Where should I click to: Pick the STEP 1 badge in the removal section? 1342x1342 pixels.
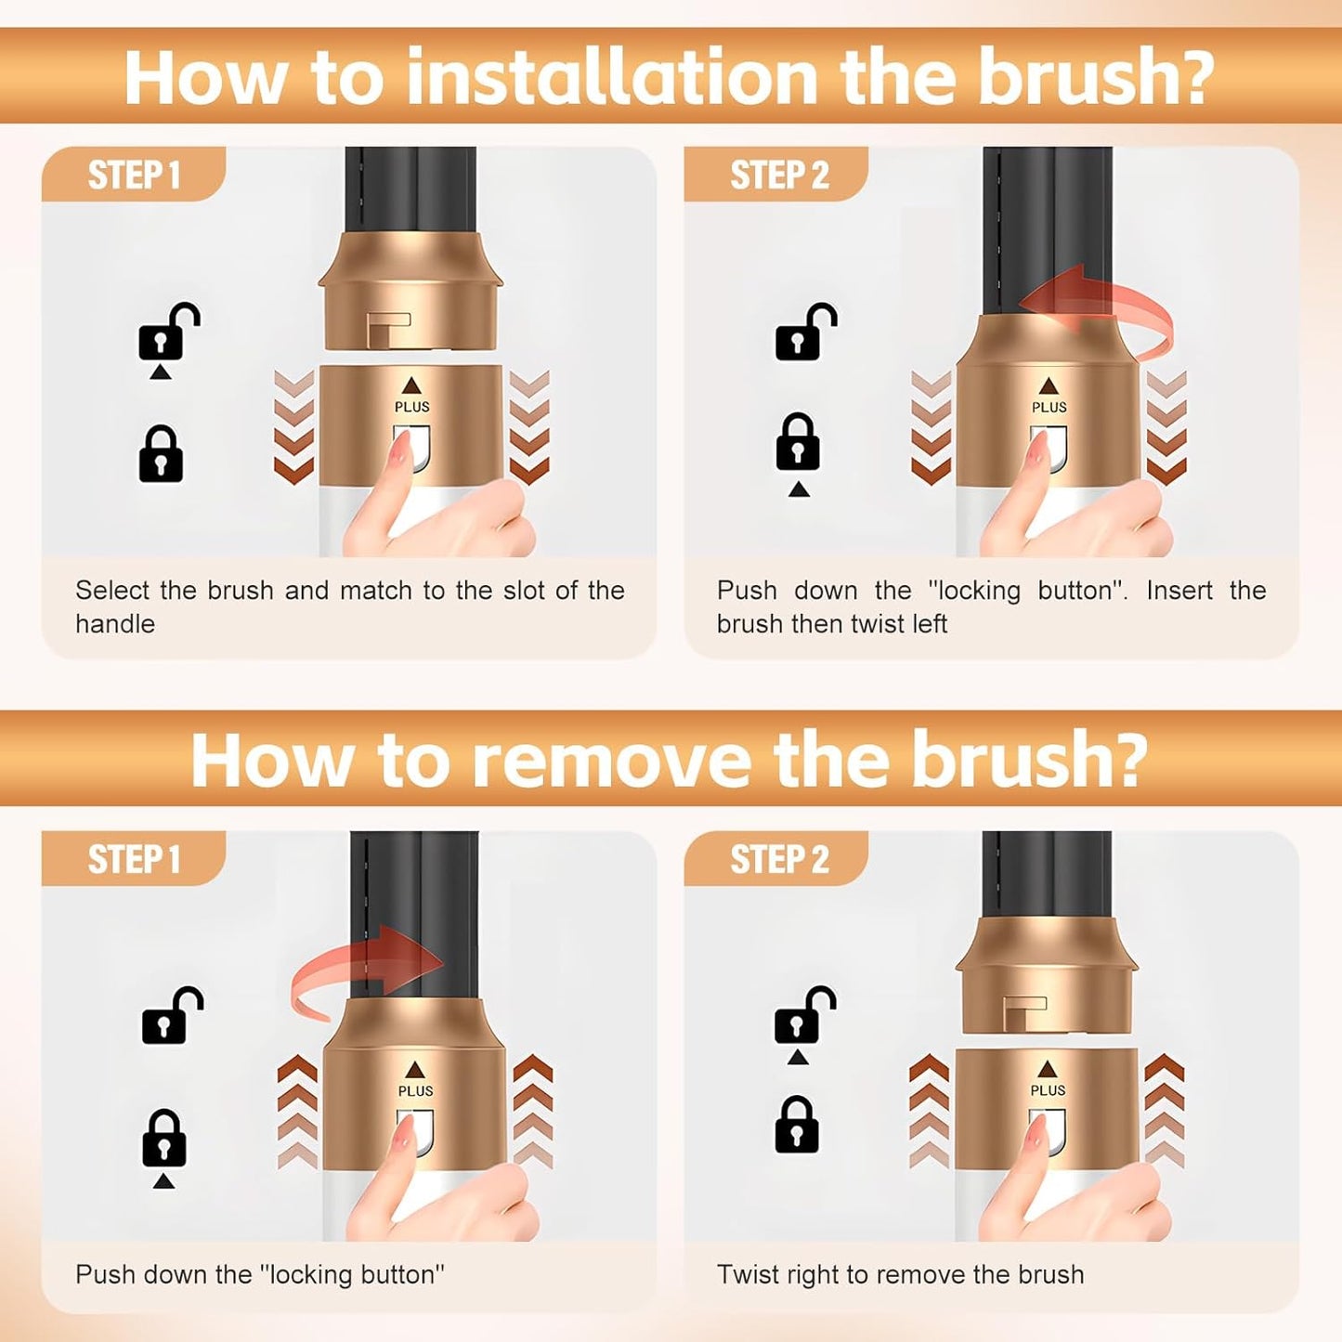(134, 859)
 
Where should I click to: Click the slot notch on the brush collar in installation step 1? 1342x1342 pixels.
(388, 327)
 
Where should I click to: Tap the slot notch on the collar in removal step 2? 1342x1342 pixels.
(1025, 1012)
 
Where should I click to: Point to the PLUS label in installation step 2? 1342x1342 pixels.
(1049, 407)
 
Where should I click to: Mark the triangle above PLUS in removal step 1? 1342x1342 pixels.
(414, 1069)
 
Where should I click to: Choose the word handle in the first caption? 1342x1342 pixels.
(115, 624)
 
